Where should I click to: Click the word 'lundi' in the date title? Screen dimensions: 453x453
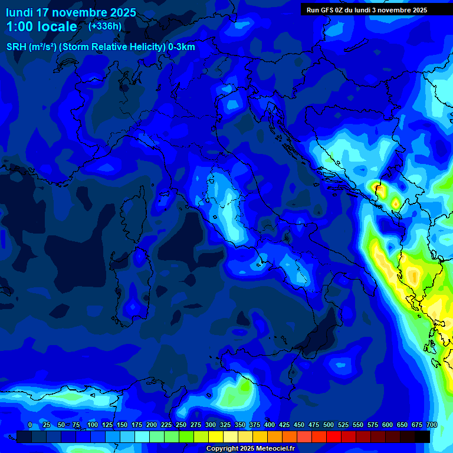coord(19,12)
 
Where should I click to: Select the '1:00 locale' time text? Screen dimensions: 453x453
coord(41,27)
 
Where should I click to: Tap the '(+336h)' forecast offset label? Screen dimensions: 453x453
coord(105,26)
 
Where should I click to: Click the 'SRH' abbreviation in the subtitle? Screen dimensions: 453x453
coord(17,47)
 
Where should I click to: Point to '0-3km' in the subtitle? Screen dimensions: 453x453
coord(182,47)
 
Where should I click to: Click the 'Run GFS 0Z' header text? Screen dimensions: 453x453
coord(328,10)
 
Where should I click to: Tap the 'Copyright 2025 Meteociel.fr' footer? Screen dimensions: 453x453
coord(250,449)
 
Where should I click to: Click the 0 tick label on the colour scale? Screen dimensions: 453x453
coord(30,425)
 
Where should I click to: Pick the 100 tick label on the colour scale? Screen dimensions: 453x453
coord(93,425)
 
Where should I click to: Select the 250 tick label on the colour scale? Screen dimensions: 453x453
coord(181,425)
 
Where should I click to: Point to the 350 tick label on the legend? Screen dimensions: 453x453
coord(240,425)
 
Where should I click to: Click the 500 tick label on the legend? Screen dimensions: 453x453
coord(329,425)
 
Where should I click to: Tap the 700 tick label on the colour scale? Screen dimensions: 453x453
coord(432,425)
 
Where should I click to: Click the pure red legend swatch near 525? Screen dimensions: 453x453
coord(334,436)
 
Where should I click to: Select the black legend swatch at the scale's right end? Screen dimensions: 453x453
coord(422,436)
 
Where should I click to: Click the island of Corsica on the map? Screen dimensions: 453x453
coord(133,206)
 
